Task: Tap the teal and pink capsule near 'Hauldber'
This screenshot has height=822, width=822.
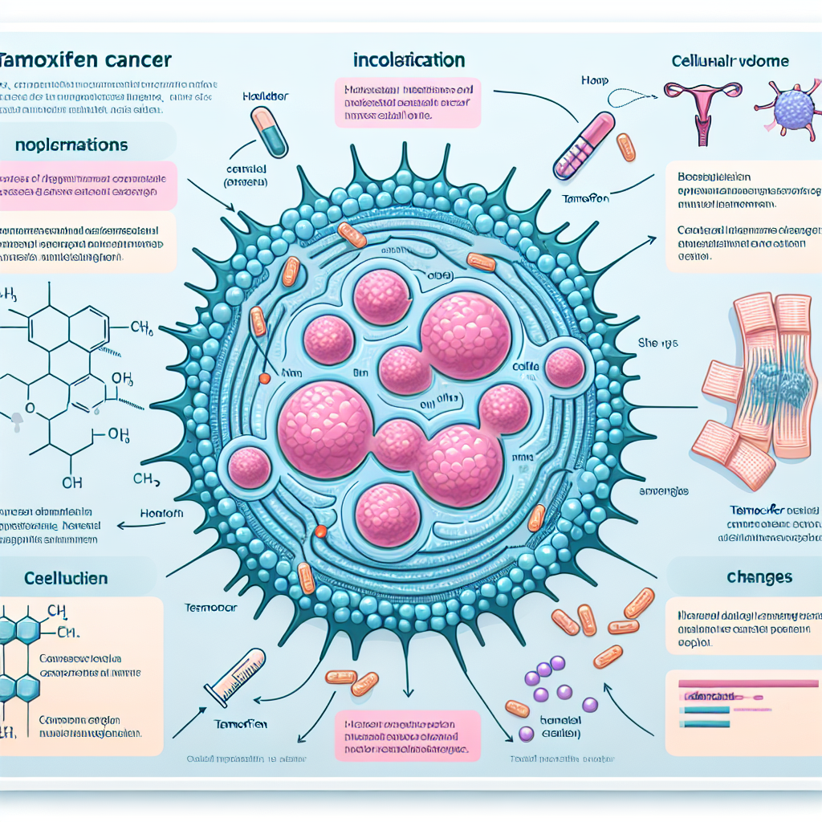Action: (x=268, y=132)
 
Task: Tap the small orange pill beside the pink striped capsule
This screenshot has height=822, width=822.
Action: (x=626, y=147)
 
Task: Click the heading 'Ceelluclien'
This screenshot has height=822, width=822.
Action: (x=55, y=579)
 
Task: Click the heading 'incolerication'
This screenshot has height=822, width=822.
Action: (x=408, y=60)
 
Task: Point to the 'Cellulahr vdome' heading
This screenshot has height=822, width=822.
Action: (x=729, y=61)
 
